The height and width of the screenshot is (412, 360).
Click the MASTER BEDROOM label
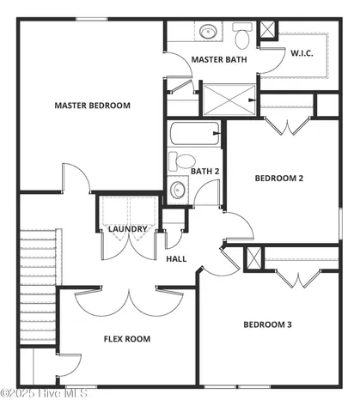coord(92,106)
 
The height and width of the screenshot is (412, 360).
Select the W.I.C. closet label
coord(302,53)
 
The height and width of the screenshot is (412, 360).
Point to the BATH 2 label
coord(204,171)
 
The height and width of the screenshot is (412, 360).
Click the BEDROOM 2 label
coord(279,179)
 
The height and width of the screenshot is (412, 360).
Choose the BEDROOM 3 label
coord(267,324)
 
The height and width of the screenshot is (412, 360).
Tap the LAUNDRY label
coord(127,229)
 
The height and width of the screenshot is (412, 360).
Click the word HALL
coord(176,258)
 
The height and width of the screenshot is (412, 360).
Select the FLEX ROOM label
coord(127,339)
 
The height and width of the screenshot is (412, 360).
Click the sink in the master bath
coord(209,33)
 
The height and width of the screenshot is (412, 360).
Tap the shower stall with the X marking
coord(229,99)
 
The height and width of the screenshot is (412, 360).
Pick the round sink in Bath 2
coord(179,190)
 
